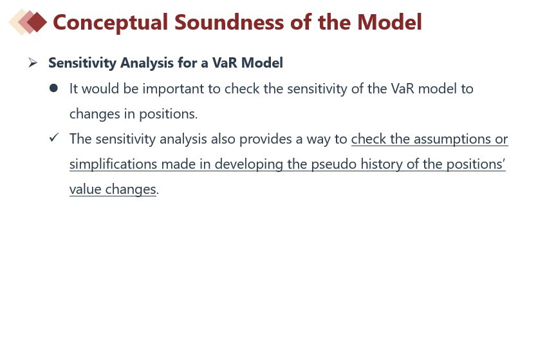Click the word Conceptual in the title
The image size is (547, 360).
coord(110,23)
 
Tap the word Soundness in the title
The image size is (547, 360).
coord(229,23)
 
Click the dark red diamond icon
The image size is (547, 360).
coord(37,22)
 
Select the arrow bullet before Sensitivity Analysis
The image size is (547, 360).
coord(33,63)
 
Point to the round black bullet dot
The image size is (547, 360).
coord(53,88)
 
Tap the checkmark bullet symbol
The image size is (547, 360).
coord(54,138)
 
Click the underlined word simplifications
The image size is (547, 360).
coord(113,164)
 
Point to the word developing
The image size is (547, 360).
coord(249,164)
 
